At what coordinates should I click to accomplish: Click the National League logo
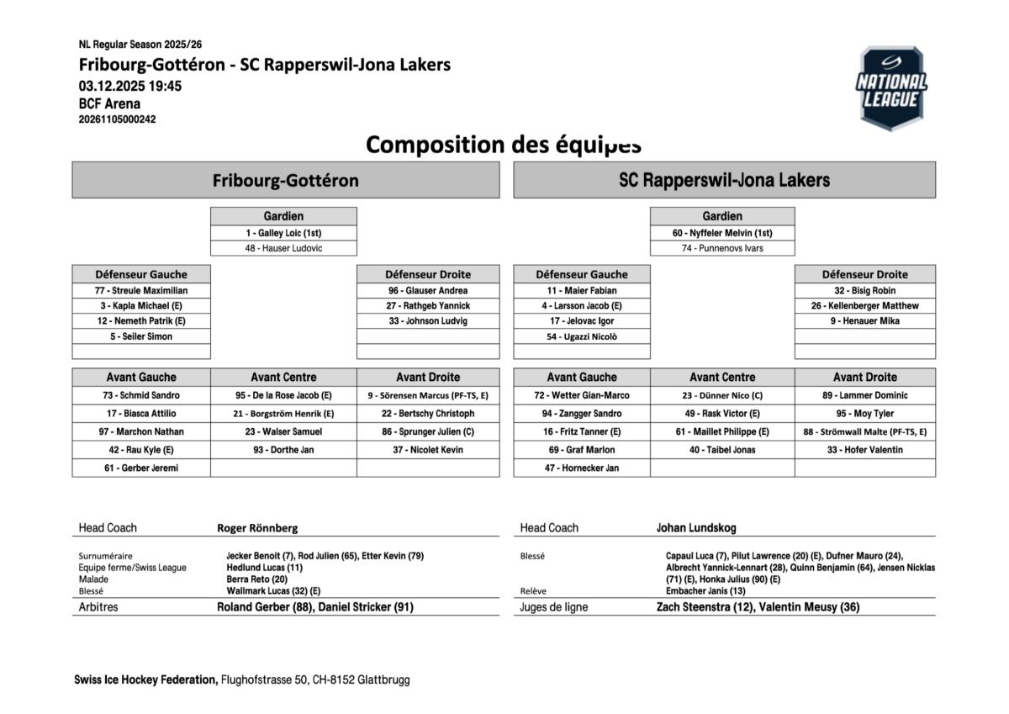pyautogui.click(x=891, y=88)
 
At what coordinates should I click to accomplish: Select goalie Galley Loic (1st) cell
pyautogui.click(x=283, y=233)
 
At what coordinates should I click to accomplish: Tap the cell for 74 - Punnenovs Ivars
pyautogui.click(x=722, y=248)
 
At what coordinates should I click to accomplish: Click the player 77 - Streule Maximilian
pyautogui.click(x=141, y=290)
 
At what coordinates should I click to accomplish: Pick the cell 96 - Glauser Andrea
pyautogui.click(x=428, y=290)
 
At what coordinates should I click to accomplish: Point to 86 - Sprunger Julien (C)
pyautogui.click(x=428, y=431)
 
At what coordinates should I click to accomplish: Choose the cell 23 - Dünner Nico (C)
pyautogui.click(x=722, y=395)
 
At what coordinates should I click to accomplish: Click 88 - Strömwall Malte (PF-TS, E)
pyautogui.click(x=865, y=431)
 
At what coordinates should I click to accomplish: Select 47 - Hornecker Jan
pyautogui.click(x=582, y=468)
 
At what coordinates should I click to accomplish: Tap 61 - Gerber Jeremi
pyautogui.click(x=141, y=468)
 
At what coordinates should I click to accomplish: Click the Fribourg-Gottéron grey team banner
pyautogui.click(x=285, y=180)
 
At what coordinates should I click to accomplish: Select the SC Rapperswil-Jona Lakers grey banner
pyautogui.click(x=724, y=180)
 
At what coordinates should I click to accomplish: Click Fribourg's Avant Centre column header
pyautogui.click(x=283, y=377)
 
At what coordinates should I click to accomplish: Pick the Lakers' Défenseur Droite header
pyautogui.click(x=865, y=274)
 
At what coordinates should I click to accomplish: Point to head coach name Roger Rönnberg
pyautogui.click(x=257, y=528)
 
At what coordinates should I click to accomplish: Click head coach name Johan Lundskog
pyautogui.click(x=696, y=528)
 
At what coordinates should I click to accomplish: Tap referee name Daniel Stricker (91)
pyautogui.click(x=367, y=606)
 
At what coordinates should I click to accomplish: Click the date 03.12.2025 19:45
pyautogui.click(x=130, y=86)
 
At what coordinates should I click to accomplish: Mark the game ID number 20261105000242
pyautogui.click(x=118, y=119)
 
